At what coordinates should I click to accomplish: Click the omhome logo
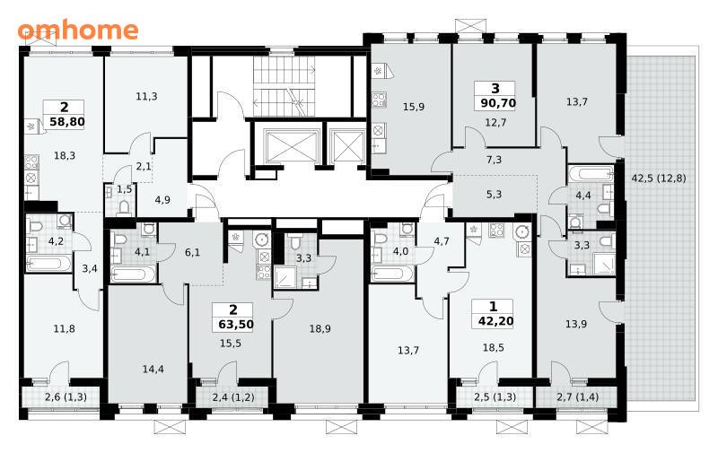click(x=78, y=30)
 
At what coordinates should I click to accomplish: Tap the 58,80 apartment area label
click(x=66, y=122)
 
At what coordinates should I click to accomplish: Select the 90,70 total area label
click(x=498, y=103)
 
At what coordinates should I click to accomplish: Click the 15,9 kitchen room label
click(x=414, y=107)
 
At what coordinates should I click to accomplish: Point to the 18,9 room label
click(x=320, y=328)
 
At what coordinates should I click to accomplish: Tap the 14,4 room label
click(x=153, y=369)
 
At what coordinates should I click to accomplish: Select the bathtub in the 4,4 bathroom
click(x=591, y=173)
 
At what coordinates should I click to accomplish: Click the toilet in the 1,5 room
click(x=124, y=208)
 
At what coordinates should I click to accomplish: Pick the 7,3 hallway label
click(x=494, y=160)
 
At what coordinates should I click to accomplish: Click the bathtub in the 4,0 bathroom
click(x=393, y=274)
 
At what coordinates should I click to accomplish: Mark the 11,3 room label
click(x=146, y=96)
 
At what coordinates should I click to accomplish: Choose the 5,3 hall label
click(x=494, y=195)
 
